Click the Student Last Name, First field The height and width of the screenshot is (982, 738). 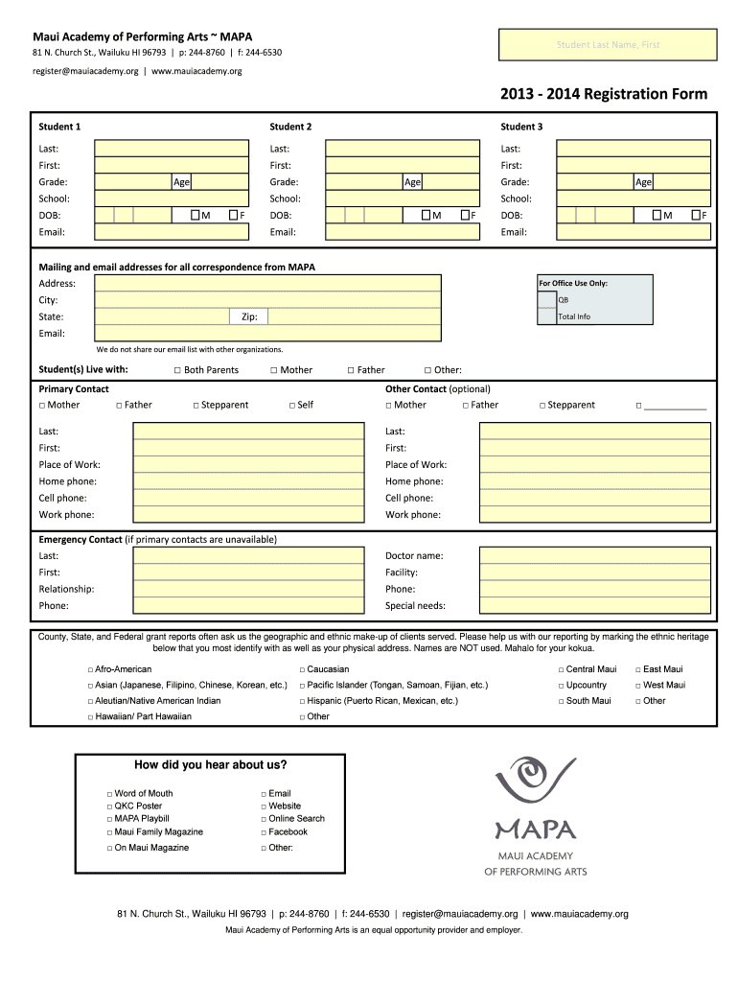click(x=609, y=44)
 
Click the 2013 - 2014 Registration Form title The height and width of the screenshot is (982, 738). click(x=603, y=94)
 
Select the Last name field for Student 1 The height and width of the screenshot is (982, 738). click(x=171, y=149)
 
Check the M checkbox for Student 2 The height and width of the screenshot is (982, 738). click(x=426, y=215)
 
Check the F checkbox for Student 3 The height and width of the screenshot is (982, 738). click(x=695, y=215)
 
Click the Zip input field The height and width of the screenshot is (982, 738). click(x=355, y=317)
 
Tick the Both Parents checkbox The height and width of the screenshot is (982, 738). click(x=177, y=370)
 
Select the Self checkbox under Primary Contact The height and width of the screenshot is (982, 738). click(x=291, y=405)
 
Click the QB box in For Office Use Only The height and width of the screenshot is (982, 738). click(x=546, y=299)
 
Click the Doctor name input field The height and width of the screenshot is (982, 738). click(x=594, y=556)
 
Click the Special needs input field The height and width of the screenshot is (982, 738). click(x=594, y=606)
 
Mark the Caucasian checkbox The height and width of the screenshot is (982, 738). click(x=301, y=669)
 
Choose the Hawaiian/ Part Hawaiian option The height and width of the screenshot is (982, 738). click(x=90, y=716)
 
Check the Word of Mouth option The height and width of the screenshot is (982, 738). click(x=109, y=794)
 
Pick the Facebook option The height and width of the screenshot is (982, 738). click(x=263, y=832)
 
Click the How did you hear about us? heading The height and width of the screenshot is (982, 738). click(x=211, y=765)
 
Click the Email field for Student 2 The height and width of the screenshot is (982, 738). click(x=403, y=232)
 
